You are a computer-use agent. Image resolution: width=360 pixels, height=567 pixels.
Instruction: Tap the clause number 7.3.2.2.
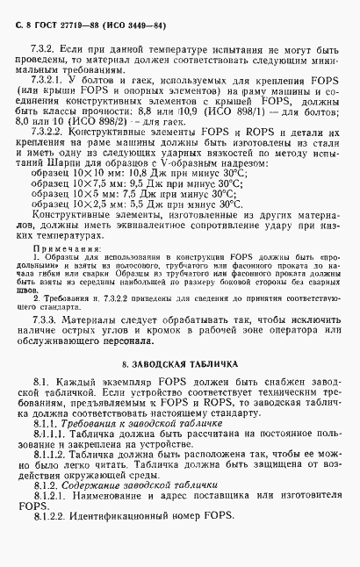click(49, 154)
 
